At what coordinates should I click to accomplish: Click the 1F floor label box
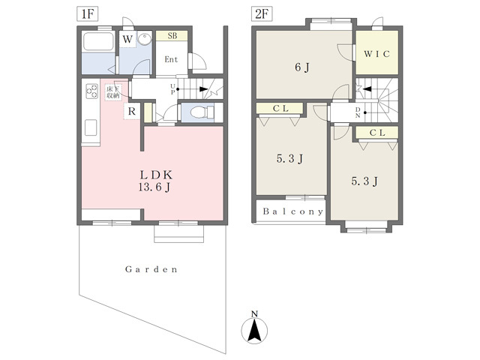[x=87, y=13]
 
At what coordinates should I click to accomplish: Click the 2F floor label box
[x=262, y=13]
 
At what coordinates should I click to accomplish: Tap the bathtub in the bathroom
[x=98, y=41]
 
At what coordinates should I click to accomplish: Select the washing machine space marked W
[x=127, y=39]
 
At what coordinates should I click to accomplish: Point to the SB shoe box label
[x=172, y=36]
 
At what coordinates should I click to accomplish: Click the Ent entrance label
[x=171, y=59]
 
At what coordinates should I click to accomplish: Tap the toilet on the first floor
[x=202, y=112]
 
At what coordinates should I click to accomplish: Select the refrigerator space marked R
[x=132, y=111]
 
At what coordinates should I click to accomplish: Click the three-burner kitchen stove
[x=91, y=91]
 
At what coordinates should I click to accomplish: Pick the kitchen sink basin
[x=91, y=127]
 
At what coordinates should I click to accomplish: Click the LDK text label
[x=156, y=175]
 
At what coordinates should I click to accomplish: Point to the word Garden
[x=151, y=269]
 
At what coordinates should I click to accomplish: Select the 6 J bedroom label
[x=302, y=67]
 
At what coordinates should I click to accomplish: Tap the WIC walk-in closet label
[x=376, y=54]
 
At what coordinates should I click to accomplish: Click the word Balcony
[x=293, y=211]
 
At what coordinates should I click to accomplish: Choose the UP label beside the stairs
[x=172, y=89]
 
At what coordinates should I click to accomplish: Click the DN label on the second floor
[x=358, y=112]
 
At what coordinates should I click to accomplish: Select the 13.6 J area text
[x=154, y=187]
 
